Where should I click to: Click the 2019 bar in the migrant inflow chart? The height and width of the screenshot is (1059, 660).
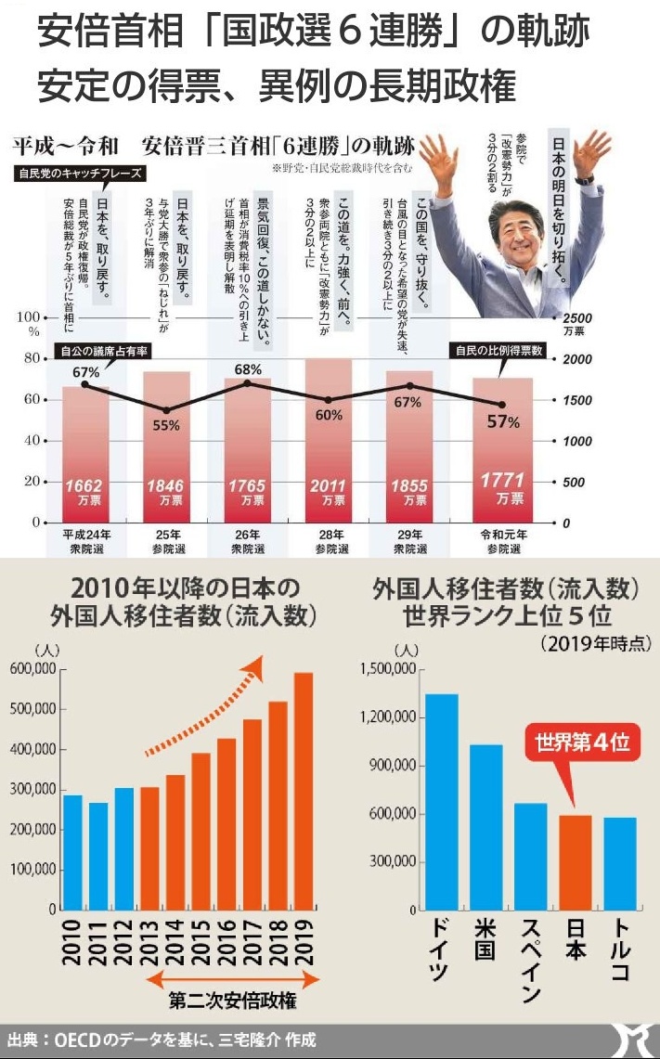coord(304,790)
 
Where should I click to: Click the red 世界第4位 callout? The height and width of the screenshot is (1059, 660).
coord(581,743)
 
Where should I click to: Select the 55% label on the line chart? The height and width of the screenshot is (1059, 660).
coord(166,425)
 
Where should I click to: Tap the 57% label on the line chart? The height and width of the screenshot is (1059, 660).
coord(503,422)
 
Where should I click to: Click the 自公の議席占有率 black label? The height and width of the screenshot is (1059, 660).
coord(105,351)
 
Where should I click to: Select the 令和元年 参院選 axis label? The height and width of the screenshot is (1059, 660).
coord(502,543)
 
